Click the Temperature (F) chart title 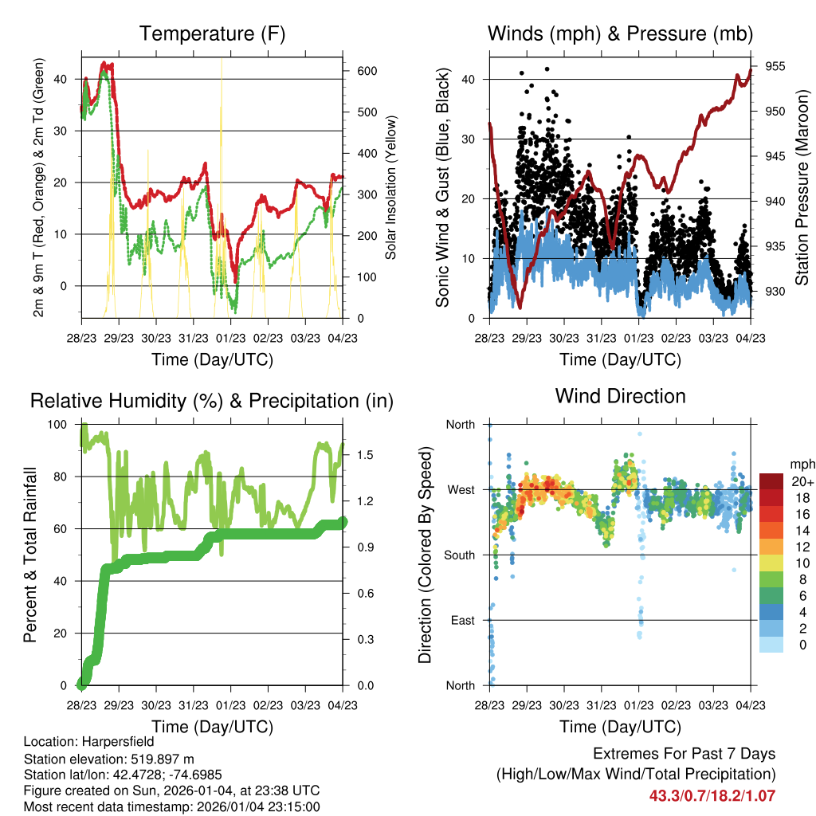click(212, 33)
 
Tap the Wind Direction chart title click(620, 395)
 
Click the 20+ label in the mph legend click(801, 481)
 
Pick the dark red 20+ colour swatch click(771, 481)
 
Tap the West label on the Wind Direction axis click(461, 489)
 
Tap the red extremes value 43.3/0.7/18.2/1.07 click(712, 795)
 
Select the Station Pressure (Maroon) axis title click(802, 188)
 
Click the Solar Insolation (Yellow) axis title click(391, 188)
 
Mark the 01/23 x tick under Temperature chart click(231, 338)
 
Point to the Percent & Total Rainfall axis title click(29, 555)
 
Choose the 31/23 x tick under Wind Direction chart click(602, 705)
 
